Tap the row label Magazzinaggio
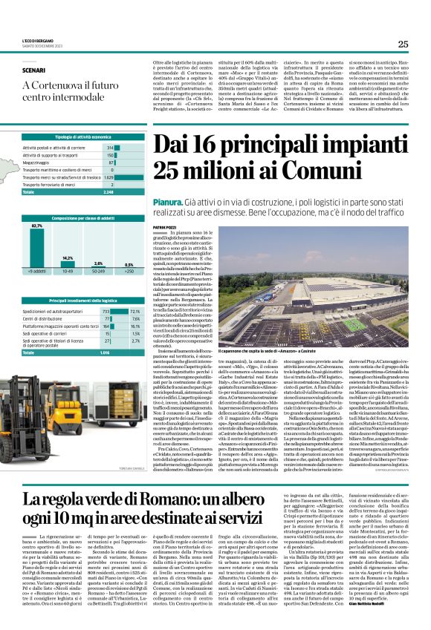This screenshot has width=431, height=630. coord(39,163)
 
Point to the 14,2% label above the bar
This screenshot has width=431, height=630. coord(68,257)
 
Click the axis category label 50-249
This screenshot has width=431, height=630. coord(97,272)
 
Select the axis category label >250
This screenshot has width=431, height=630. coord(129,272)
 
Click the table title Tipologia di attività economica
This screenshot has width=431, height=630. coord(82,138)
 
